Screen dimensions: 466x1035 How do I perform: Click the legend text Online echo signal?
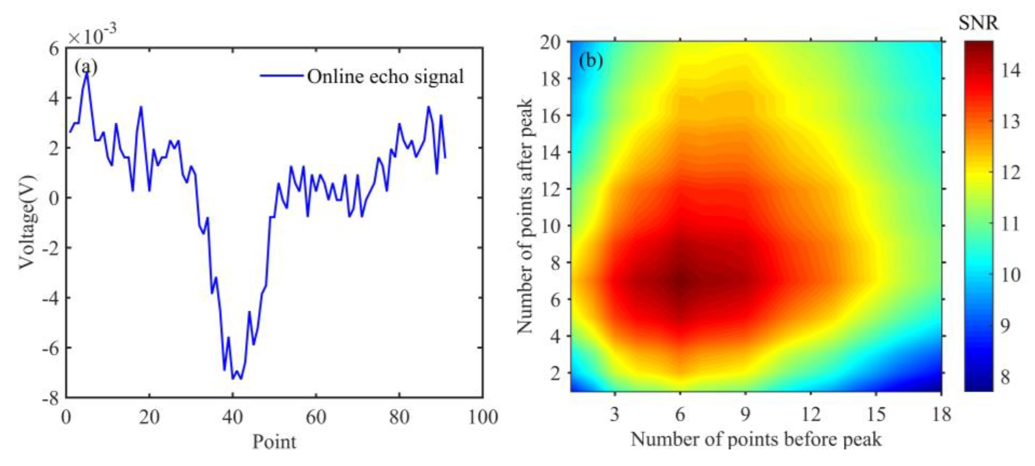click(x=385, y=76)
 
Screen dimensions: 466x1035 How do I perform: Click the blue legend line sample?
click(x=281, y=76)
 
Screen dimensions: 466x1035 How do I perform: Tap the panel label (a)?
click(x=86, y=68)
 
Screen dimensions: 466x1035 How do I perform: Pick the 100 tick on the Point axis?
click(x=483, y=417)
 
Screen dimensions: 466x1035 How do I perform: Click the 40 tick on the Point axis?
click(x=233, y=417)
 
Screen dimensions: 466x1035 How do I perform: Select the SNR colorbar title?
click(x=978, y=23)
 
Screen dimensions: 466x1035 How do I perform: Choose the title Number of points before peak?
click(x=756, y=439)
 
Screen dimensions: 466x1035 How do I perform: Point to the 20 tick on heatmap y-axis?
click(x=550, y=42)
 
